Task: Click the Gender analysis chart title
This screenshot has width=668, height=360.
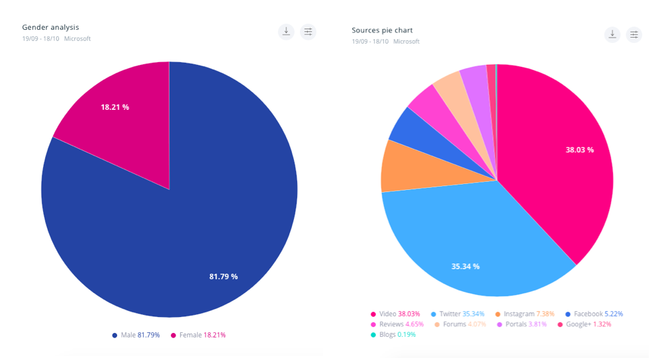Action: pyautogui.click(x=50, y=27)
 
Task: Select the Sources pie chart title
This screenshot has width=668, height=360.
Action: pyautogui.click(x=382, y=30)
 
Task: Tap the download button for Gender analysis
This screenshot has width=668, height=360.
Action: pyautogui.click(x=286, y=31)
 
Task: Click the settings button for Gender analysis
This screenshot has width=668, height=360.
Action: pyautogui.click(x=308, y=31)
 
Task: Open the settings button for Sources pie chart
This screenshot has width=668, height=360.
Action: pyautogui.click(x=634, y=34)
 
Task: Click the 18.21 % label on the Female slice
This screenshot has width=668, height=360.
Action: pyautogui.click(x=115, y=107)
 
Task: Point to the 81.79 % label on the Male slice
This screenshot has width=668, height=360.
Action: pyautogui.click(x=223, y=276)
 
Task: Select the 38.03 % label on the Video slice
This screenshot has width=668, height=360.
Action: pyautogui.click(x=579, y=150)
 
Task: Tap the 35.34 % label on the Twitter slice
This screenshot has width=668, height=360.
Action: pyautogui.click(x=465, y=266)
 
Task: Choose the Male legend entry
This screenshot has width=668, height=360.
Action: pyautogui.click(x=136, y=335)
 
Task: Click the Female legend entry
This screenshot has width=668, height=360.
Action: pyautogui.click(x=198, y=335)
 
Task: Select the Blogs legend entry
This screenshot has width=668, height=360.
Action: pyautogui.click(x=393, y=334)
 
